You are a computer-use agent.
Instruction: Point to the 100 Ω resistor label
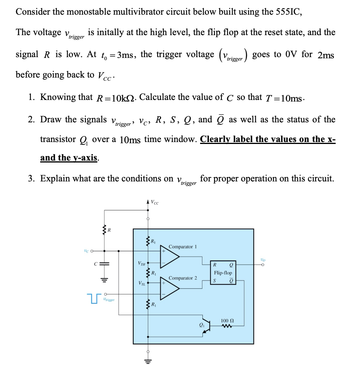point(227,321)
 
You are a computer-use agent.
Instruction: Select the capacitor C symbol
point(104,265)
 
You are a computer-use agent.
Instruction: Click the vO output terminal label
point(263,260)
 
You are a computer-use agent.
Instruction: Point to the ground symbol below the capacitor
point(104,279)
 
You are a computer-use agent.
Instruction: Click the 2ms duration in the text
point(326,55)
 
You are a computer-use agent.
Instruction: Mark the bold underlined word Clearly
point(217,139)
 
